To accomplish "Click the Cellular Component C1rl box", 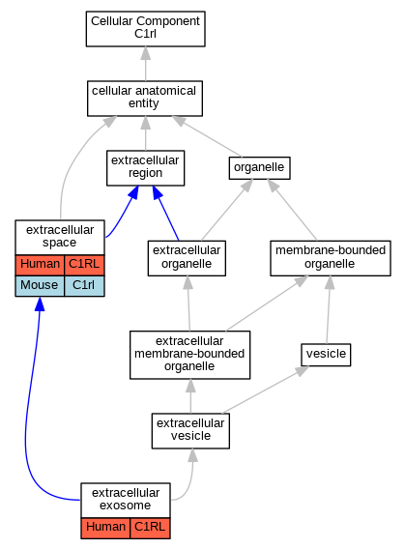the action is (145, 29).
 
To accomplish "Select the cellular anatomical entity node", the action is (145, 99).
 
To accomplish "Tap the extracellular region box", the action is (145, 168).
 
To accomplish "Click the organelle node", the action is (259, 168).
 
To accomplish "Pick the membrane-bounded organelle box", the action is (331, 258).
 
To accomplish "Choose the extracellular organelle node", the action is (187, 258).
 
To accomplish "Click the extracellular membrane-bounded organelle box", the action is (189, 355).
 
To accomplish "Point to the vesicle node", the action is (326, 355).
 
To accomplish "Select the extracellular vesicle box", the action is (190, 431).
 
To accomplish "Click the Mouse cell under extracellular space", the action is (40, 286).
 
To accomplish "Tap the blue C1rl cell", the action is (84, 286).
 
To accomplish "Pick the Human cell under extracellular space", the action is (40, 265).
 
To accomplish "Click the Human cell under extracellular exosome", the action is (105, 528).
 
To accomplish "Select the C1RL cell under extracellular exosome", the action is (150, 528).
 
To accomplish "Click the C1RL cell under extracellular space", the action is (84, 265).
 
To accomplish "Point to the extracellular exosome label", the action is (126, 499).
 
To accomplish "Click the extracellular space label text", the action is (60, 236).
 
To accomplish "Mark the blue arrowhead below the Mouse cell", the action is (40, 303).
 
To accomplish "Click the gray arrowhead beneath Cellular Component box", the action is (146, 53).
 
